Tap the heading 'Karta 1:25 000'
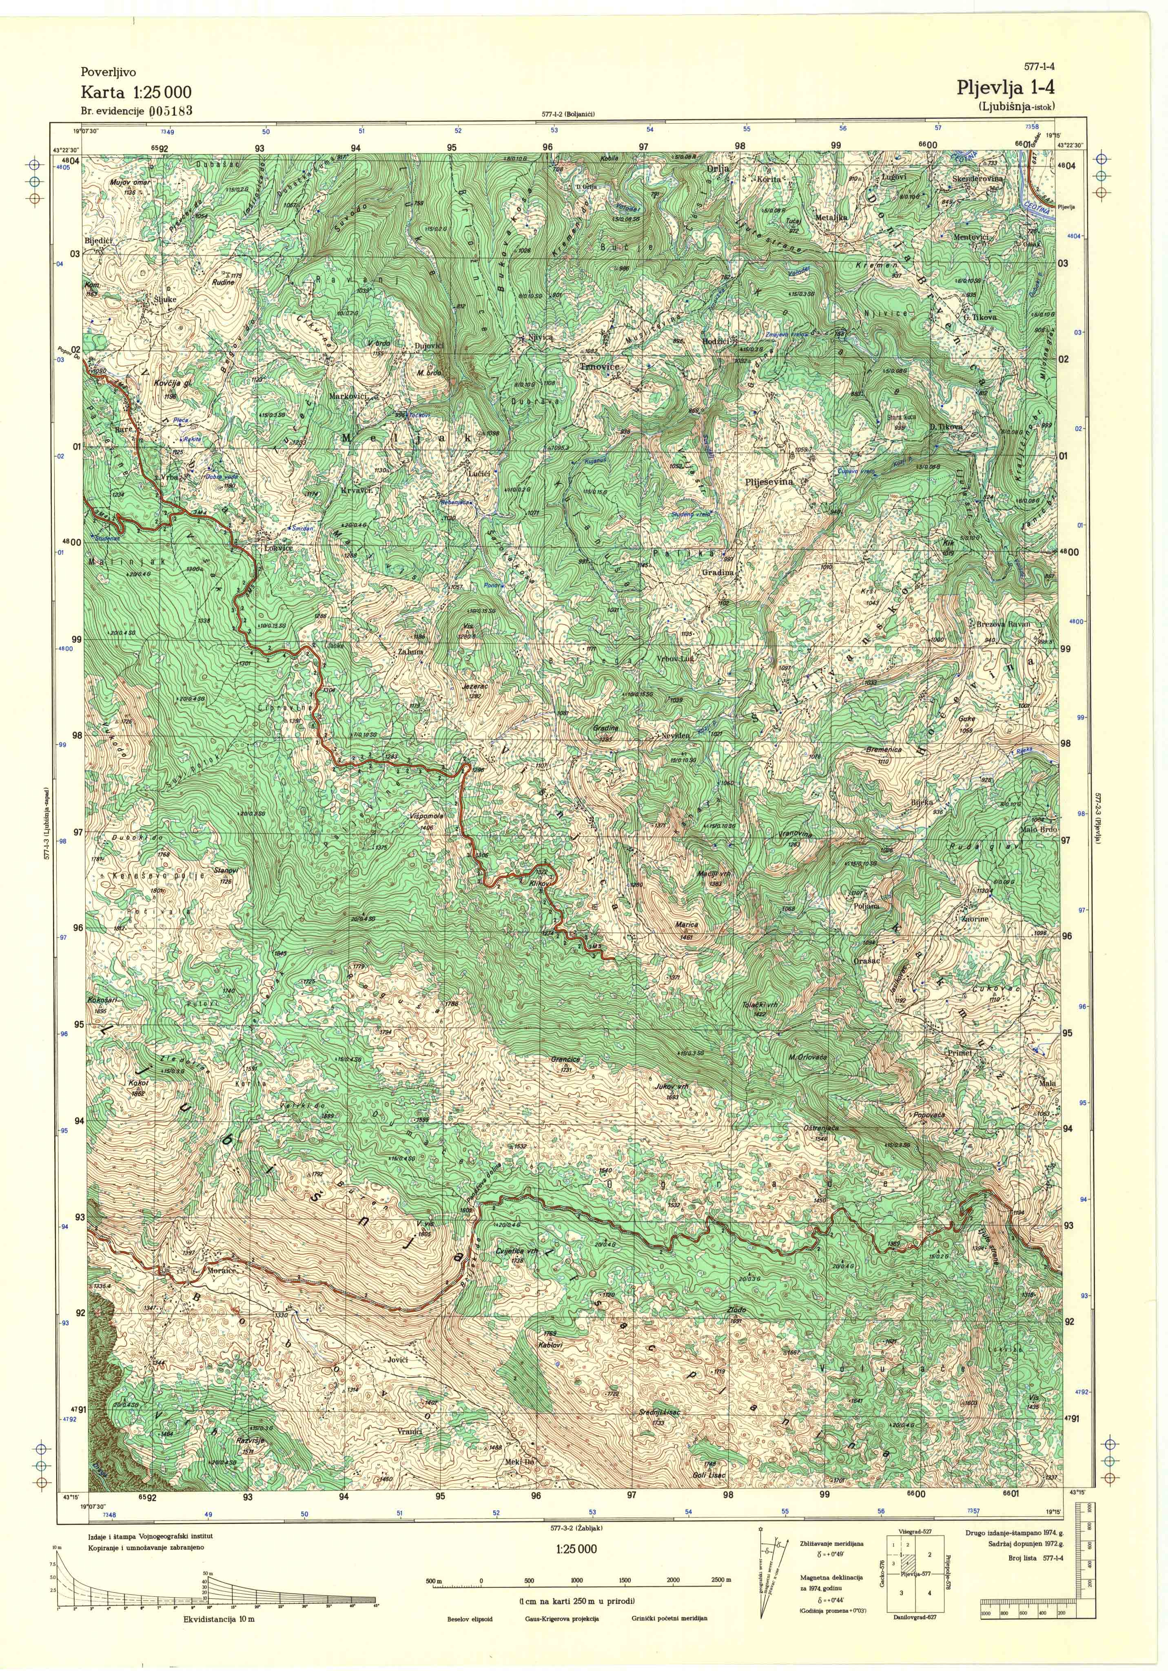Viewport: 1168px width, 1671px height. (x=136, y=92)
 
